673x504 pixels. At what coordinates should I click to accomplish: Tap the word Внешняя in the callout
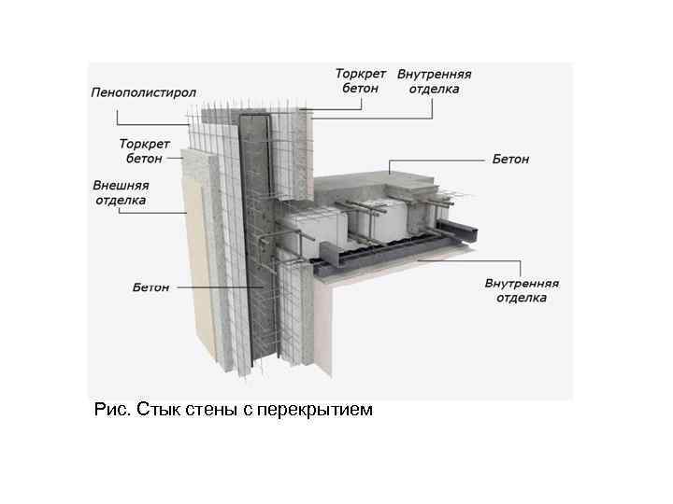coord(120,185)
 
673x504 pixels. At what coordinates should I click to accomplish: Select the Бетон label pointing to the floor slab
coord(510,160)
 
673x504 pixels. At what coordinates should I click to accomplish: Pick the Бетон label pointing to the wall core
coord(150,287)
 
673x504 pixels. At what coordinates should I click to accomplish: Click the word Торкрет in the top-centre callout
coord(360,74)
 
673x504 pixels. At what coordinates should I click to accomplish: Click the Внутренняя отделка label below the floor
coord(522,290)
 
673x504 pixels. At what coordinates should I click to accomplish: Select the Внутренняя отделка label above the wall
coord(434,81)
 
